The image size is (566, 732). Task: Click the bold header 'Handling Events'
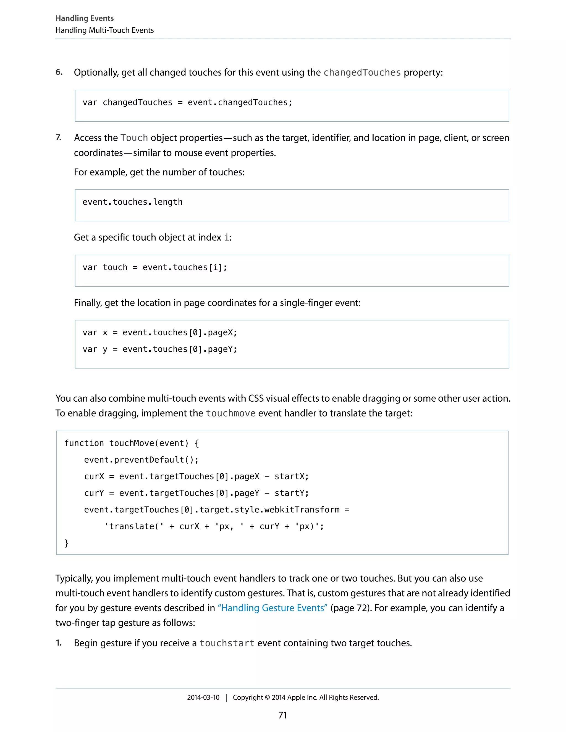85,18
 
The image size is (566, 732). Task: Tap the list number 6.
59,72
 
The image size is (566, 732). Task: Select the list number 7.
59,137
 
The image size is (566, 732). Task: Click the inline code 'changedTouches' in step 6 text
362,72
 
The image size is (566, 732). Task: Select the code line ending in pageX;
160,333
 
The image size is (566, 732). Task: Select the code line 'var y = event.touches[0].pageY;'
160,349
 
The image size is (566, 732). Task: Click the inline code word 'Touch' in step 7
134,138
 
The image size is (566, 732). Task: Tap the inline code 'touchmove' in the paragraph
230,413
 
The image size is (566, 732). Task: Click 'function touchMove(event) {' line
132,443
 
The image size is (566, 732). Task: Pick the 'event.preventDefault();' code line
141,460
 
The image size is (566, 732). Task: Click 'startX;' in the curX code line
291,476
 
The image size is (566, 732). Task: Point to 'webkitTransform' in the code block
302,510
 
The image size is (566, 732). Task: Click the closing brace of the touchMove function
66,543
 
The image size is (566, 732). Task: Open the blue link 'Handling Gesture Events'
272,608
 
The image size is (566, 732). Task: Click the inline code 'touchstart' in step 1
227,643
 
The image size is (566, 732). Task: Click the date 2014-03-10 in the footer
203,697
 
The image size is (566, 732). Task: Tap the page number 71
283,715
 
